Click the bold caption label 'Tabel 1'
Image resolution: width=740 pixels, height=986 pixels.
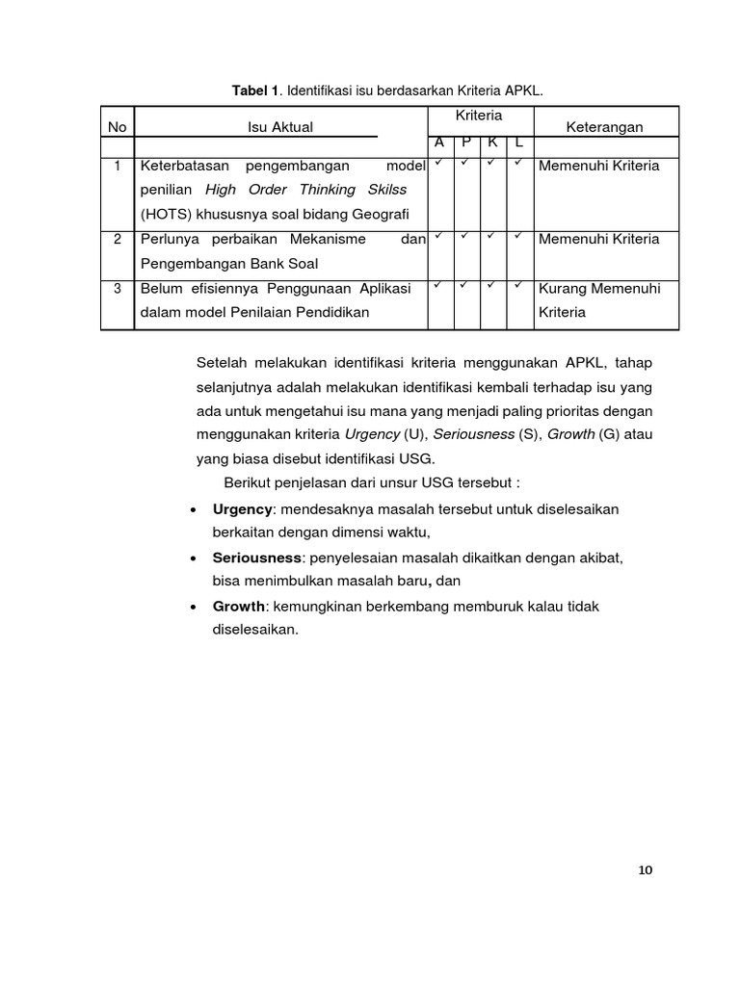[x=254, y=91]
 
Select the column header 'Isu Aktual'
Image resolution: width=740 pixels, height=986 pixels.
[x=280, y=127]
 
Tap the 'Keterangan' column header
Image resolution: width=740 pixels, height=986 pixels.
[x=605, y=127]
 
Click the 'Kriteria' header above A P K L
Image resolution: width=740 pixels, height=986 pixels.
[x=480, y=116]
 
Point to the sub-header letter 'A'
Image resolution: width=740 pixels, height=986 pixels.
[x=439, y=143]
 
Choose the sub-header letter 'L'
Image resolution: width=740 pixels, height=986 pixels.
[x=519, y=143]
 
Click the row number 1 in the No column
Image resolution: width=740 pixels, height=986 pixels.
[x=118, y=166]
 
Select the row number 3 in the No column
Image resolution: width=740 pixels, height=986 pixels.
[x=118, y=288]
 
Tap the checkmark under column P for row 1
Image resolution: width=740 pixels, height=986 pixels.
[x=465, y=164]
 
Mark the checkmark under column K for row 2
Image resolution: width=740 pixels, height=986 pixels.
[x=492, y=237]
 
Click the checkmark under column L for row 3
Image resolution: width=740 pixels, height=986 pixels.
[x=518, y=286]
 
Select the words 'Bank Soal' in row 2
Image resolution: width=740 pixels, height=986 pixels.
[x=289, y=263]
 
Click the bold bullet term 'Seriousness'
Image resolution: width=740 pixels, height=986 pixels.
[x=257, y=558]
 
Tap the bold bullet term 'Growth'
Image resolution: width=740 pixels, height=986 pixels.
[x=238, y=607]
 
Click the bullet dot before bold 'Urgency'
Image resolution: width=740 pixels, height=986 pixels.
[x=196, y=508]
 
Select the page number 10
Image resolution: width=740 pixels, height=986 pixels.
[x=645, y=870]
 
